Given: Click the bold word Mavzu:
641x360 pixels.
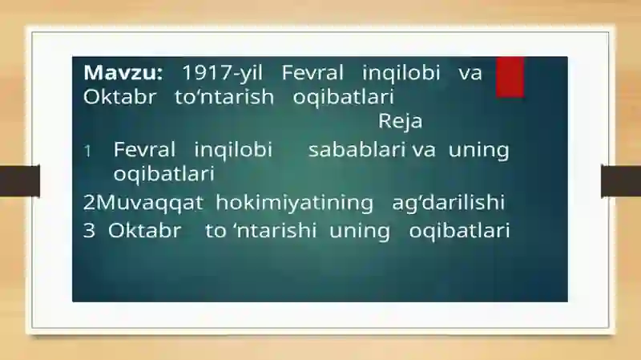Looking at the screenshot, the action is pyautogui.click(x=123, y=73).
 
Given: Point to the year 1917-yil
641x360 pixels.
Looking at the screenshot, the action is pyautogui.click(x=223, y=74).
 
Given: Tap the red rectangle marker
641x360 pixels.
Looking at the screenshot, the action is pyautogui.click(x=510, y=77).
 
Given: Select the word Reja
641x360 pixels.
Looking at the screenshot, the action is pyautogui.click(x=400, y=122).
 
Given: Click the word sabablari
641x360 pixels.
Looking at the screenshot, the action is pyautogui.click(x=357, y=149).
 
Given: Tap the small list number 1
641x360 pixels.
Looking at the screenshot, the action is pyautogui.click(x=87, y=152).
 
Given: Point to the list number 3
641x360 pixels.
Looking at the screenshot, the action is pyautogui.click(x=89, y=231).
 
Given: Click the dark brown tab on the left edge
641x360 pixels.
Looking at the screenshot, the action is pyautogui.click(x=20, y=180).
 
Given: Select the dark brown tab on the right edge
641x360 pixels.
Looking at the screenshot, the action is pyautogui.click(x=621, y=180).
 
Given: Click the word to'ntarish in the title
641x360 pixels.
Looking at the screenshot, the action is pyautogui.click(x=224, y=97).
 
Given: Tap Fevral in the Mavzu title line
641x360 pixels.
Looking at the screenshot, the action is pyautogui.click(x=312, y=73).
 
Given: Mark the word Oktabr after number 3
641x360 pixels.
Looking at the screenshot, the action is pyautogui.click(x=145, y=231).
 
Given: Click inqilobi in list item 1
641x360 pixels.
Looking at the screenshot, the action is pyautogui.click(x=233, y=150).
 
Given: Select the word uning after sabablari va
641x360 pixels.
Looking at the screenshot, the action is pyautogui.click(x=479, y=151).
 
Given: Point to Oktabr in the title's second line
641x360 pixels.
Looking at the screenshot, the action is pyautogui.click(x=119, y=97).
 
